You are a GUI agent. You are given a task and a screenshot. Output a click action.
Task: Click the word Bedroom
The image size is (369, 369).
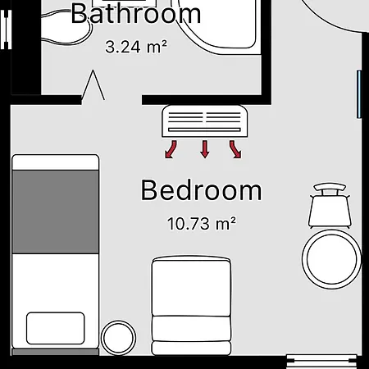(201, 190)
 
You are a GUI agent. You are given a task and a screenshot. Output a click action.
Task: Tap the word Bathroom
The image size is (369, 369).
(136, 14)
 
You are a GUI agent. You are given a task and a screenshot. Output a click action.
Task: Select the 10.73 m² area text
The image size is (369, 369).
(202, 224)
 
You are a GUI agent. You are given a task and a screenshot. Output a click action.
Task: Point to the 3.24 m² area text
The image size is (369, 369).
(136, 47)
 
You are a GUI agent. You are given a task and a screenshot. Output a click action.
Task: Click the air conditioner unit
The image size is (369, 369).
(205, 121)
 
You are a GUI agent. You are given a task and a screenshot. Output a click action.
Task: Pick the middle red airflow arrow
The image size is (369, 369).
(205, 149)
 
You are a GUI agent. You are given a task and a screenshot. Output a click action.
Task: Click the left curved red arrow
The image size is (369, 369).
(171, 149)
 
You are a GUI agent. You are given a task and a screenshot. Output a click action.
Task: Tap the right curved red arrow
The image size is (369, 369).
(235, 149)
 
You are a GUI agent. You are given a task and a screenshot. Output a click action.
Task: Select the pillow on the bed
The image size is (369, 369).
(56, 328)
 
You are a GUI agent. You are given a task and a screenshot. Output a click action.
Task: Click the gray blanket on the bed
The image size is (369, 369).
(56, 212)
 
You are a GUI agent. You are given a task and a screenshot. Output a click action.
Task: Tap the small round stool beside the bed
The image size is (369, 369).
(118, 338)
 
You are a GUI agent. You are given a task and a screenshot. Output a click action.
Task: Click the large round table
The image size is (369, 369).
(331, 259)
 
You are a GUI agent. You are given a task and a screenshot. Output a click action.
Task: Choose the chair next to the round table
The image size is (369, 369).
(330, 206)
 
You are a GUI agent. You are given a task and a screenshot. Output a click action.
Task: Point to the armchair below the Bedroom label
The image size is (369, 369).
(191, 306)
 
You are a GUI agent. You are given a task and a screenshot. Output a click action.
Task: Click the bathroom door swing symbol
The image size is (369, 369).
(93, 85)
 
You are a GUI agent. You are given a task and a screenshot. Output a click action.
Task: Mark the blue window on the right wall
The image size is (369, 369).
(359, 94)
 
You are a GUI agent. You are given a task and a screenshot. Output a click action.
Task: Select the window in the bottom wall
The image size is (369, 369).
(321, 362)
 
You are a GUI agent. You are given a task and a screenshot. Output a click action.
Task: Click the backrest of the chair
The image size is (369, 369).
(330, 188)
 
